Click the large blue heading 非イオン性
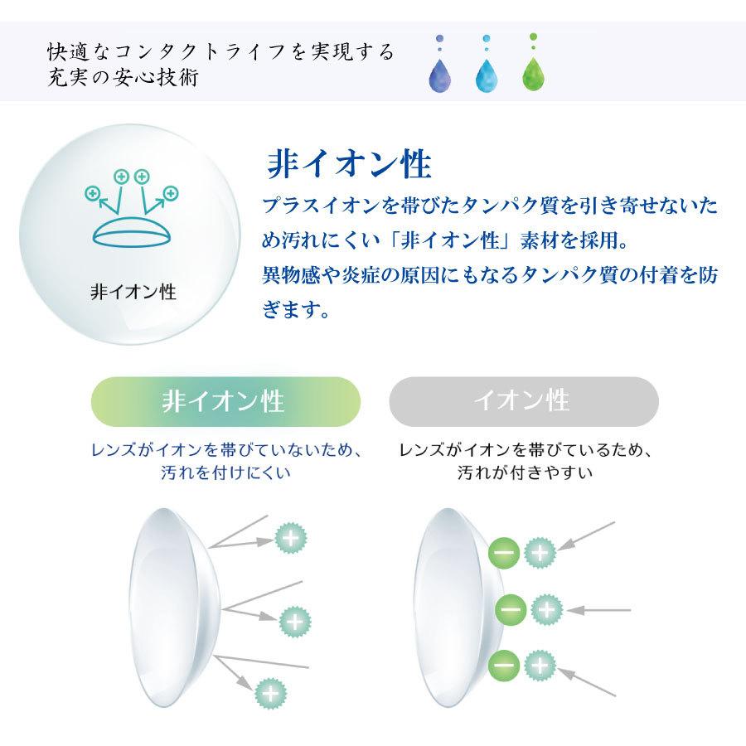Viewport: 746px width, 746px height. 349,163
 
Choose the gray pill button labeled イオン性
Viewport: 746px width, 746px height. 523,401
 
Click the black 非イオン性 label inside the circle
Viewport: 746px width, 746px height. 133,292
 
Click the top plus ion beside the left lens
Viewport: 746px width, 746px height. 290,539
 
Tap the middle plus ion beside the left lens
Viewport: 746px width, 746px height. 293,619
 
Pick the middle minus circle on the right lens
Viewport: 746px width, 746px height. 511,610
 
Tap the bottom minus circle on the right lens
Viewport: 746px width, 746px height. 505,664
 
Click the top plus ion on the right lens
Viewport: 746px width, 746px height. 540,550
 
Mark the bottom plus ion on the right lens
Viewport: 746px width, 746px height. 539,664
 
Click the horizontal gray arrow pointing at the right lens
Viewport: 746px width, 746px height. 601,610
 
